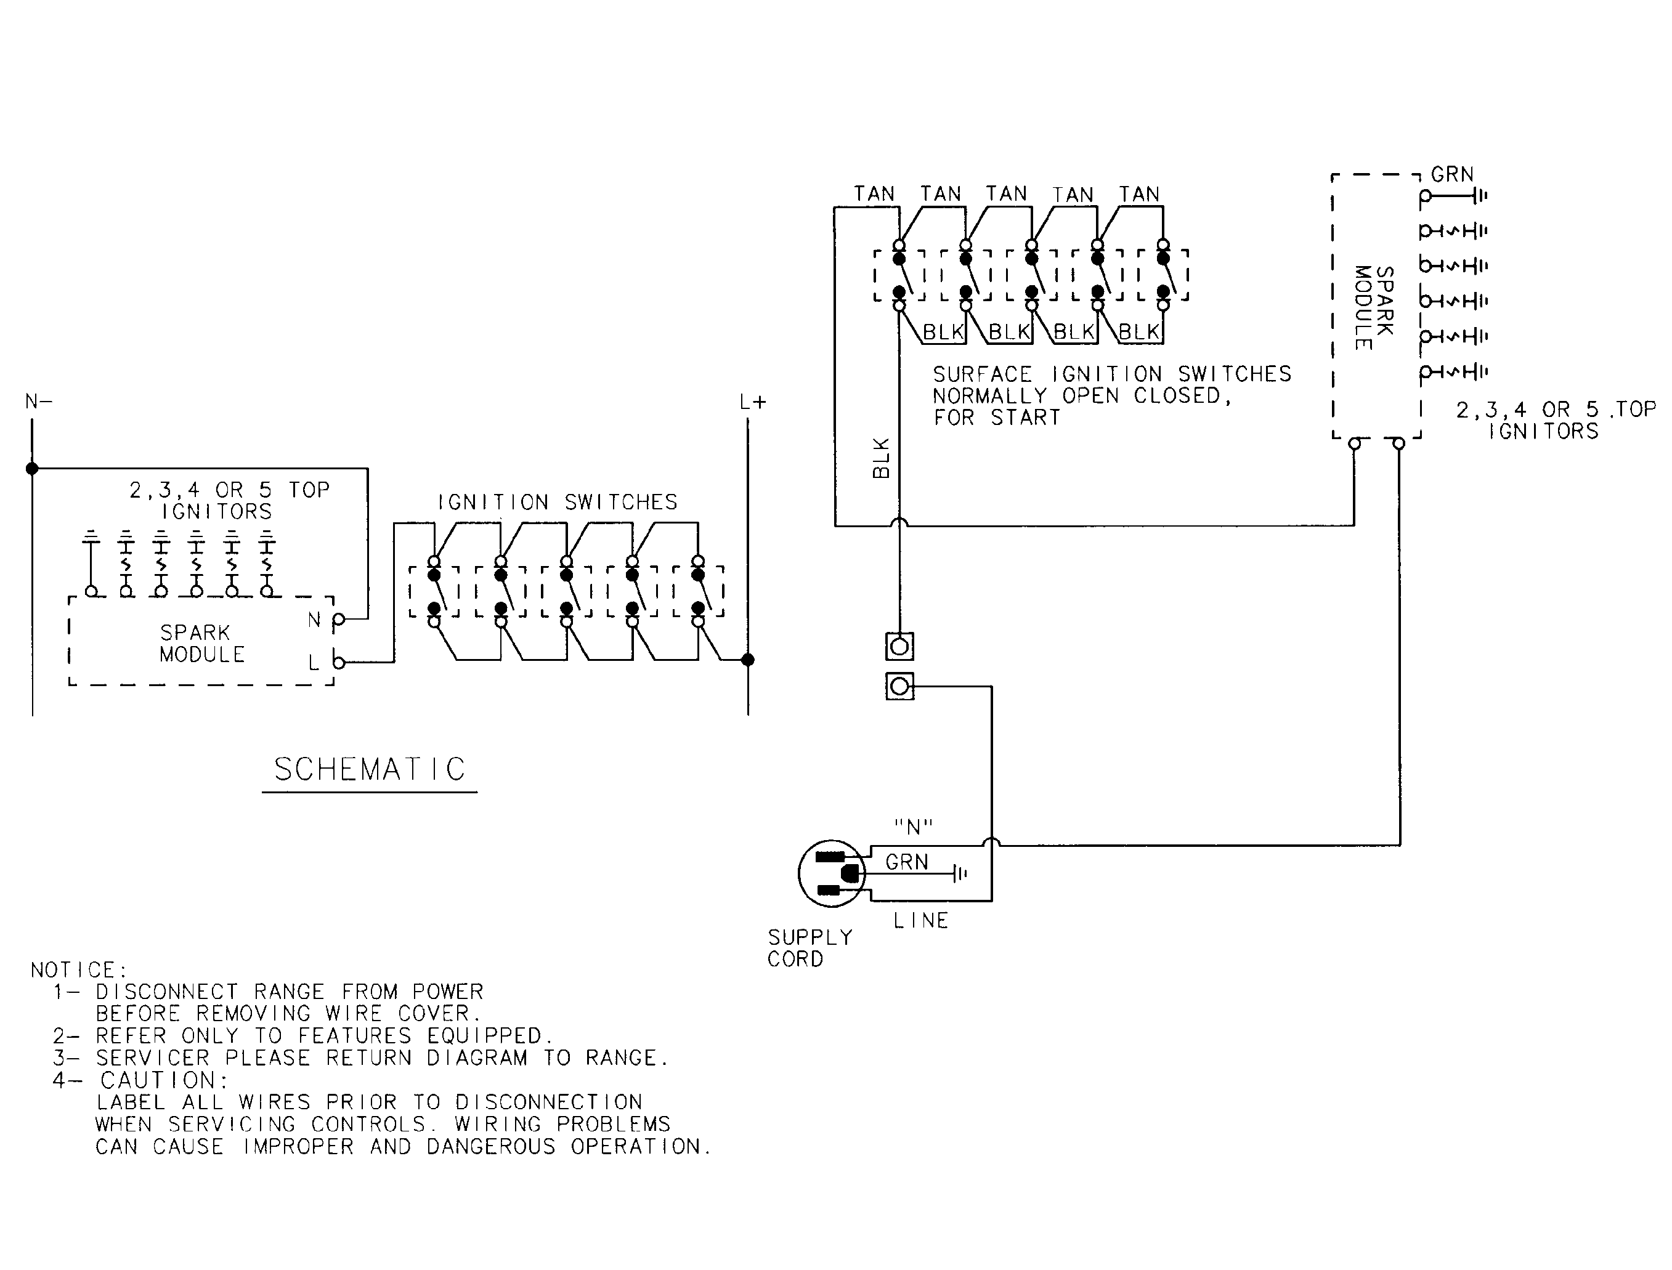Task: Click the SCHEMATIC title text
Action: pos(369,769)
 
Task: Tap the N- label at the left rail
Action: pos(39,402)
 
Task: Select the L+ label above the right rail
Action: pos(753,403)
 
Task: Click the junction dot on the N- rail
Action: pos(32,469)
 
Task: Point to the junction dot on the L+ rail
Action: pos(748,660)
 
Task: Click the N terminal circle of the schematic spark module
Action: pos(339,620)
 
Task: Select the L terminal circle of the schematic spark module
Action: pos(339,663)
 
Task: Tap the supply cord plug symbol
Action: pos(832,873)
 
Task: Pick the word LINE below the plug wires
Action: pos(920,921)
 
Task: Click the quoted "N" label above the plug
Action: pos(914,828)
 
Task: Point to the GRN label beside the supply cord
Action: pos(906,862)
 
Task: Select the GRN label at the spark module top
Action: pos(1452,175)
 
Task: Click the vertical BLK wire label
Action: pos(882,458)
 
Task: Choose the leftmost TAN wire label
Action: pos(874,194)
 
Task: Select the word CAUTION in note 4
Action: pos(164,1080)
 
